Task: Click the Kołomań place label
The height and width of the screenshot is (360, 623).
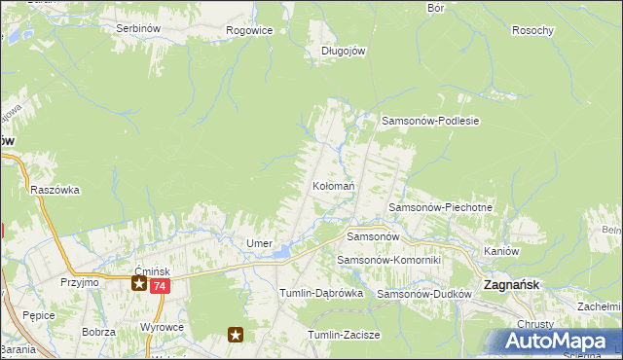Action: point(333,185)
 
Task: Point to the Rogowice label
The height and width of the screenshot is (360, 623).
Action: point(249,30)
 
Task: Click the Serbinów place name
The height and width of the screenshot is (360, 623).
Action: point(137,29)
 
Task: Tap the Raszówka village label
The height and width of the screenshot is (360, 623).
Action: point(55,190)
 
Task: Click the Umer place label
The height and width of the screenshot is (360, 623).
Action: point(258,242)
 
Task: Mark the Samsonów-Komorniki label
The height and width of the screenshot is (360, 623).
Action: point(389,261)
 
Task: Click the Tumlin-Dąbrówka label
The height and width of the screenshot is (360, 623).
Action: point(321,293)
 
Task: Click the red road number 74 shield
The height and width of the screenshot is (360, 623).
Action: point(161,285)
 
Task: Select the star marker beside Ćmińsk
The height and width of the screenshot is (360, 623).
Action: point(139,284)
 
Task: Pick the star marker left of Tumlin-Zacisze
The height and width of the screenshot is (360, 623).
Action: point(236,336)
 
